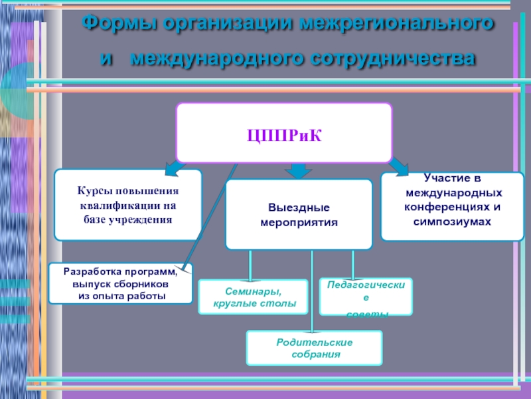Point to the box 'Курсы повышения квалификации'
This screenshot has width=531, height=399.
127,205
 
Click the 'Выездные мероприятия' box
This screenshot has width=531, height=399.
299,214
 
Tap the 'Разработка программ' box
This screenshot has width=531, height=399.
120,283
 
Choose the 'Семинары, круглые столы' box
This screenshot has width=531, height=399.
253,297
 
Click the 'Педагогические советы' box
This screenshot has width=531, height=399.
366,297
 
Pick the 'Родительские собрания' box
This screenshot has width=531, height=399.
315,348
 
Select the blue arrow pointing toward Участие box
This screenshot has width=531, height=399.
399,166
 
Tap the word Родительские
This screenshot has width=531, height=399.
315,342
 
